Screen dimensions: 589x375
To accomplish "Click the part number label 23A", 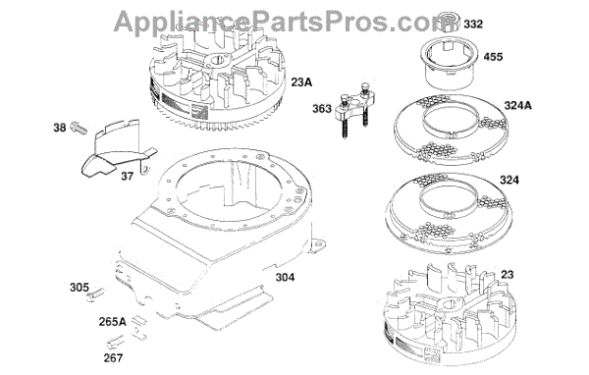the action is click(x=301, y=82).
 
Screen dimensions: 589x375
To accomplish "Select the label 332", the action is click(x=473, y=25).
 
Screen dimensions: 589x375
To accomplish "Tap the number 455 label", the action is click(x=493, y=57).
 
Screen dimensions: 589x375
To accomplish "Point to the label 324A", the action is click(x=517, y=106).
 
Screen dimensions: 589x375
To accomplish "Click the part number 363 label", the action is click(x=322, y=109).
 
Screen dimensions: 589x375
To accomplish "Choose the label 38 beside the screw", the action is click(x=60, y=128).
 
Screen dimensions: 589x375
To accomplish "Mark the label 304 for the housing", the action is click(x=285, y=277).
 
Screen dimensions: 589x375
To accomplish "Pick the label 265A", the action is click(x=112, y=322).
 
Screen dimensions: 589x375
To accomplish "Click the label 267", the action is click(x=113, y=358).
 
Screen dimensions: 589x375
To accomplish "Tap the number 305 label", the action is click(x=80, y=288).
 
